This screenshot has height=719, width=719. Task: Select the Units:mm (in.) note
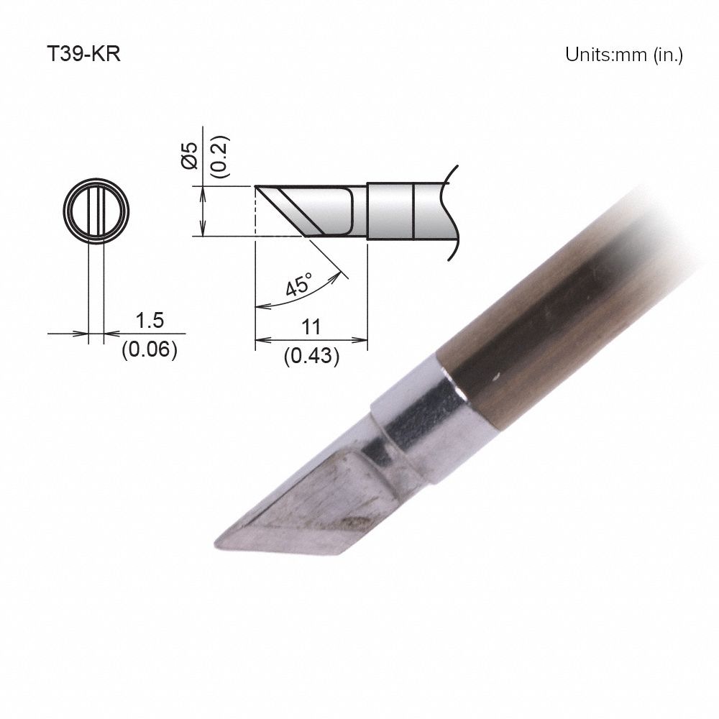623,55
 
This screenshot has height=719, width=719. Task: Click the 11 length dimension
311,327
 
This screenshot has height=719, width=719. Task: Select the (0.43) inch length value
311,355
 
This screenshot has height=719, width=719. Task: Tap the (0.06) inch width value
149,350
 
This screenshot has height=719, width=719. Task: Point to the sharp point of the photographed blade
218,545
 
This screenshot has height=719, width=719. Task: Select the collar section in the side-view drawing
392,211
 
